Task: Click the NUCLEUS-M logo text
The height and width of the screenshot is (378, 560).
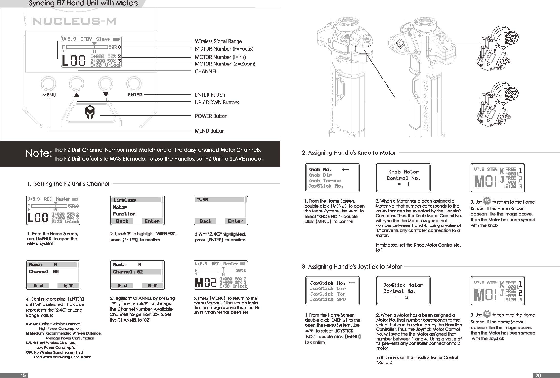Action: (75, 22)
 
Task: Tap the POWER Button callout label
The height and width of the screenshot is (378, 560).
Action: (211, 116)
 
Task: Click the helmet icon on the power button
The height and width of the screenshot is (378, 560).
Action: (90, 113)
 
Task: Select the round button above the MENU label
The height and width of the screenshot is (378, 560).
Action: (48, 84)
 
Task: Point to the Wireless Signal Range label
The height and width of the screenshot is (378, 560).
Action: (218, 41)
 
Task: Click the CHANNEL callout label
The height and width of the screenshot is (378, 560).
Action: (206, 72)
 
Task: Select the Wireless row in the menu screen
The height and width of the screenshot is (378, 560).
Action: (137, 200)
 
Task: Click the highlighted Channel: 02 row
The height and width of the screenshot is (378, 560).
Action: (137, 272)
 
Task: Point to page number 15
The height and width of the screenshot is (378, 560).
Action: (23, 375)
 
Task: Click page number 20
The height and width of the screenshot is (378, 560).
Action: (538, 375)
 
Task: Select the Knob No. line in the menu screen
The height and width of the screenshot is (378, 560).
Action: (320, 170)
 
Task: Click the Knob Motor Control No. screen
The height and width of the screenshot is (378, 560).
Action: (403, 178)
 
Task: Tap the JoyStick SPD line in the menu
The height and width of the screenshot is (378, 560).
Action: (328, 299)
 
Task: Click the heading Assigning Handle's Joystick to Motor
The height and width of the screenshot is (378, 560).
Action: (352, 267)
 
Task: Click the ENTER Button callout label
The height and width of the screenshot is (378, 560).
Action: (210, 95)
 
